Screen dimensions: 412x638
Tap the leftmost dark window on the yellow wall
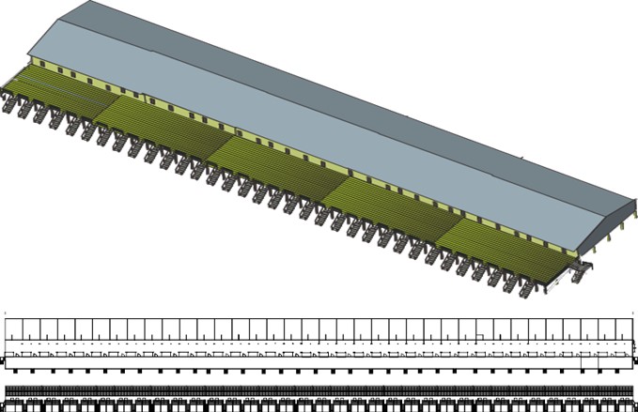(47, 69)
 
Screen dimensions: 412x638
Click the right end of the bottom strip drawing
(631, 396)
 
